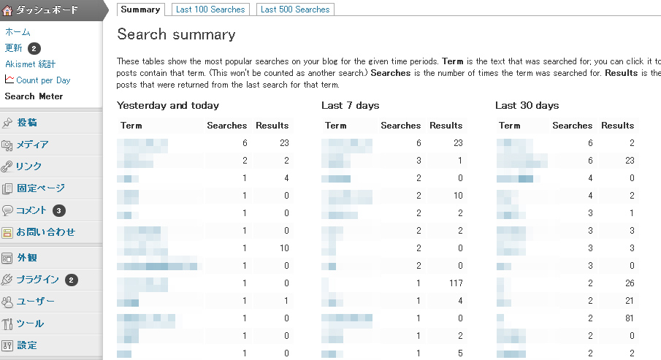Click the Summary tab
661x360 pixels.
pyautogui.click(x=140, y=9)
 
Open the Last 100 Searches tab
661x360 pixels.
pyautogui.click(x=211, y=9)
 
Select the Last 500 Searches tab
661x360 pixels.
pyautogui.click(x=295, y=9)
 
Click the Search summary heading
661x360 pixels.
pyautogui.click(x=176, y=34)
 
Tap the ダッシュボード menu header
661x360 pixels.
pyautogui.click(x=47, y=10)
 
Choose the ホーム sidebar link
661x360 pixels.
pyautogui.click(x=18, y=32)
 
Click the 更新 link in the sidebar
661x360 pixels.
pyautogui.click(x=14, y=48)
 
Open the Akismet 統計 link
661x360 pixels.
pyautogui.click(x=30, y=64)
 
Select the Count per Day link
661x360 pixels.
pyautogui.click(x=43, y=80)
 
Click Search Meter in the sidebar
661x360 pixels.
pyautogui.click(x=34, y=96)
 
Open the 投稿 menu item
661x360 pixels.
pyautogui.click(x=27, y=123)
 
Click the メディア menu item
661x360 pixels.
pyautogui.click(x=32, y=145)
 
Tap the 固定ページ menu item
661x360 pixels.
pyautogui.click(x=41, y=188)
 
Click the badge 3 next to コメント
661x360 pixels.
pyautogui.click(x=59, y=210)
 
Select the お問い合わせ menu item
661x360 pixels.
pyautogui.click(x=46, y=232)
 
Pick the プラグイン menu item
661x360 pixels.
pyautogui.click(x=37, y=280)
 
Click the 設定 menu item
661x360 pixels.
pyautogui.click(x=27, y=345)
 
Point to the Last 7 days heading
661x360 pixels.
pyautogui.click(x=350, y=106)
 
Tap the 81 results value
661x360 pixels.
pyautogui.click(x=627, y=318)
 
